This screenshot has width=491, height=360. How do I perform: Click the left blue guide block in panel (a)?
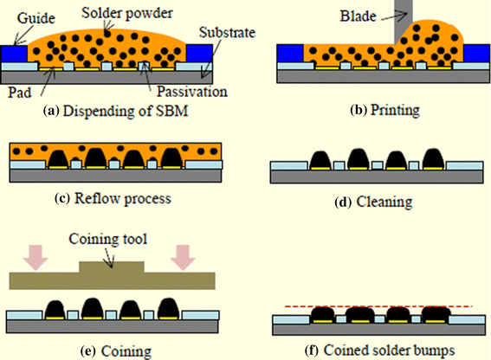[17, 53]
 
